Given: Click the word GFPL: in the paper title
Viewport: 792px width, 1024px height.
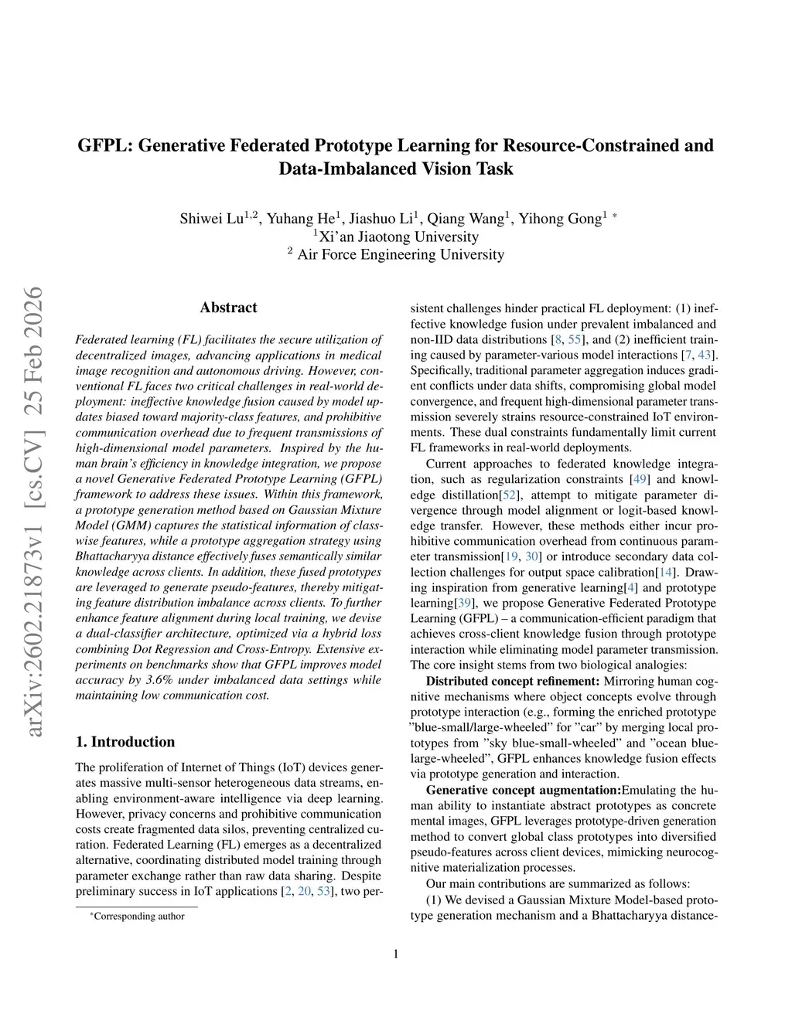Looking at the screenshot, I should pos(104,145).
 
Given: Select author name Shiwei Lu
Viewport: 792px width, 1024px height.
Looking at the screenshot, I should pos(212,218).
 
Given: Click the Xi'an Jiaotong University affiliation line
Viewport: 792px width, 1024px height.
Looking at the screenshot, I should pos(397,236).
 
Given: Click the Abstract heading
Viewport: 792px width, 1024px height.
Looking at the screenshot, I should pos(228,308).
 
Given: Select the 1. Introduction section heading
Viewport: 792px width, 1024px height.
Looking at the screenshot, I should pos(125,742).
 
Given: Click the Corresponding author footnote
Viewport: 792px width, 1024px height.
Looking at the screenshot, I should pos(138,917).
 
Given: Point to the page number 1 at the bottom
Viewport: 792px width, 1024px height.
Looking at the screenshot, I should pos(396,954).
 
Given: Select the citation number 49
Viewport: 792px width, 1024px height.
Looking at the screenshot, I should pos(640,479).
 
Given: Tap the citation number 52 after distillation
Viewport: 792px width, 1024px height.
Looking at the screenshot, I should pos(510,495).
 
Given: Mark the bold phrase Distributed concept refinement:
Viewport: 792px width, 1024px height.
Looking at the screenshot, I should pos(513,681).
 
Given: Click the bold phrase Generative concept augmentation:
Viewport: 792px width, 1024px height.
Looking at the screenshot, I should pos(524,790).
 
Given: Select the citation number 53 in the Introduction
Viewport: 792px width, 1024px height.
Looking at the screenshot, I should pos(324,891).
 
